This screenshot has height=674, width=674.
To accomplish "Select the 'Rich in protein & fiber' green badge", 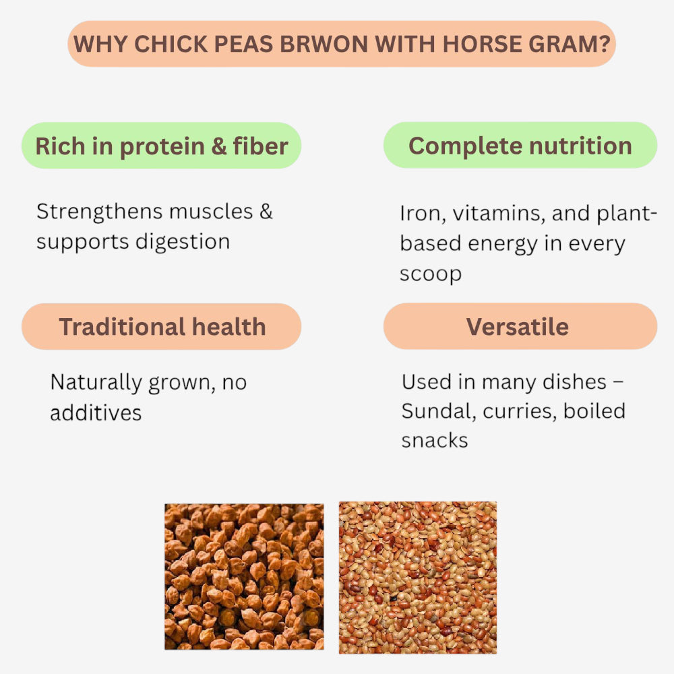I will pyautogui.click(x=162, y=146).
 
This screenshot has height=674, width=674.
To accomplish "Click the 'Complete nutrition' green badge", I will pyautogui.click(x=520, y=146).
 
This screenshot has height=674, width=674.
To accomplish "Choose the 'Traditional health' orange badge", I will pyautogui.click(x=162, y=327).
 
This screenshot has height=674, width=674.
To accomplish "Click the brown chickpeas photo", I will pyautogui.click(x=244, y=576).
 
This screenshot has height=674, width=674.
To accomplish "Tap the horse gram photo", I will pyautogui.click(x=418, y=577).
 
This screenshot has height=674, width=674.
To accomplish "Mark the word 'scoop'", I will pyautogui.click(x=431, y=274).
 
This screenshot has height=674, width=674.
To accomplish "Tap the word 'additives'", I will pyautogui.click(x=96, y=413).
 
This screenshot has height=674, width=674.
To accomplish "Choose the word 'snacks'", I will pyautogui.click(x=435, y=441).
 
